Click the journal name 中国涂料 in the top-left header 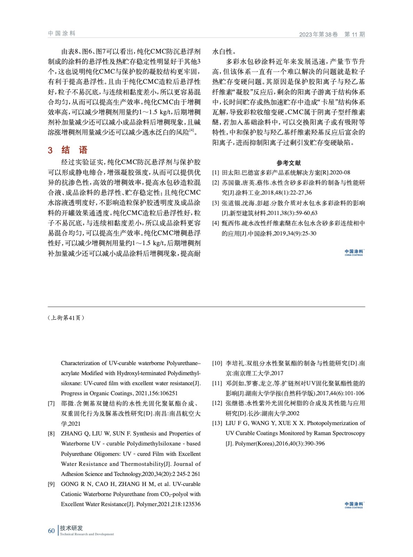click(x=62, y=33)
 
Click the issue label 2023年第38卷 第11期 click(x=332, y=34)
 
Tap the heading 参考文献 click(x=288, y=163)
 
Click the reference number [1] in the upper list click(x=216, y=173)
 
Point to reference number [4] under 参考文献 click(x=216, y=223)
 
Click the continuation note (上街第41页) click(x=66, y=318)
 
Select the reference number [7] click(x=51, y=403)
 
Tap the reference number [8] click(x=51, y=434)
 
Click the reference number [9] click(x=51, y=484)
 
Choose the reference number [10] click(x=217, y=363)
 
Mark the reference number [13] click(x=217, y=423)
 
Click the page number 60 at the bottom click(x=51, y=531)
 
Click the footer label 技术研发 click(x=71, y=528)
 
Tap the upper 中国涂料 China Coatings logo click(x=354, y=252)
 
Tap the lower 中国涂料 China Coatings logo click(x=354, y=505)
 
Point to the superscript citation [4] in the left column click(x=191, y=131)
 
